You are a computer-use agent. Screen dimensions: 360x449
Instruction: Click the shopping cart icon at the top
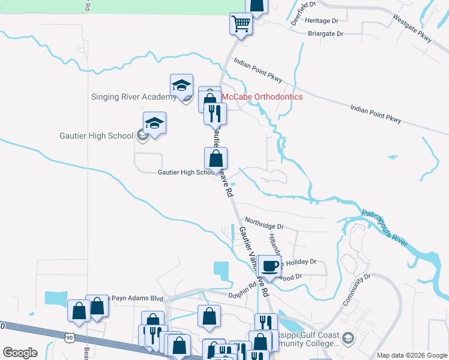pos(241,25)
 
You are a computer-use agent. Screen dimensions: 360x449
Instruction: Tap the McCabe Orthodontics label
pos(262,97)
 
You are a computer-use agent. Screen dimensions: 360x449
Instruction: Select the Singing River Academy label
pos(133,97)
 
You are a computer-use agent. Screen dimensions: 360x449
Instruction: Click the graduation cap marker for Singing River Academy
pos(181,86)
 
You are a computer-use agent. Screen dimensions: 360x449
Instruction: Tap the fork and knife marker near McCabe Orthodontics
pos(215,112)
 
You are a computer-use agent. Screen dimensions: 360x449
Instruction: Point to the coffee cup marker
pos(270,266)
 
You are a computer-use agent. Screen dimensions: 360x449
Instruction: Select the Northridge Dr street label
pos(264,226)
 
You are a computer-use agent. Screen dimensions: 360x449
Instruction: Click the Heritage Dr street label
pos(322,20)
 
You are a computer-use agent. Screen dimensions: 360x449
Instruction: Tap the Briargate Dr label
pos(325,34)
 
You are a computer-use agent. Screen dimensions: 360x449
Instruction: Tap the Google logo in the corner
pos(20,353)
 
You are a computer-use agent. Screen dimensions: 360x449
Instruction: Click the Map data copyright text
pos(412,355)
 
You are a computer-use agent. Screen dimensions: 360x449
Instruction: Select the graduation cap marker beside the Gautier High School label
pos(154,123)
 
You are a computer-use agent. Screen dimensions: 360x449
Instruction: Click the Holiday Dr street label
pos(300,262)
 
